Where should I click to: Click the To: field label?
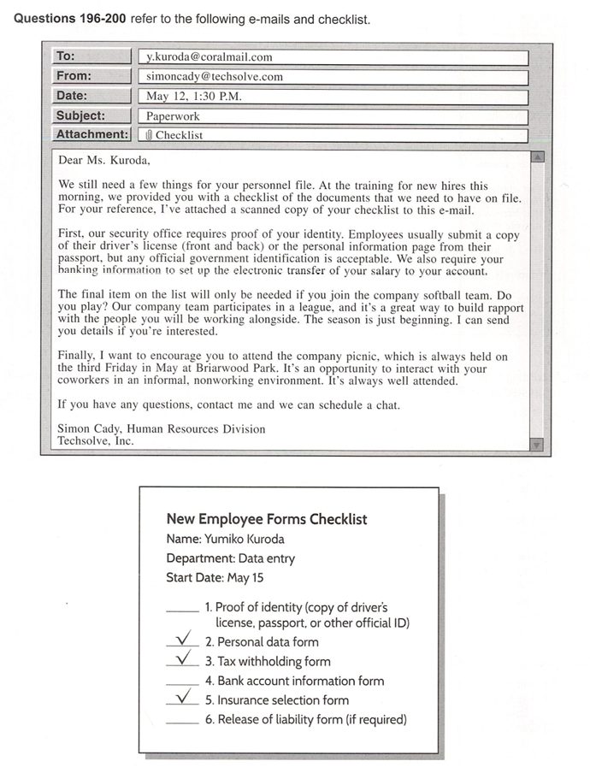point(66,56)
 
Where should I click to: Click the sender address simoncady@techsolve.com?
point(215,76)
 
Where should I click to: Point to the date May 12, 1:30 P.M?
point(194,96)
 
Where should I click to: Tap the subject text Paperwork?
point(172,115)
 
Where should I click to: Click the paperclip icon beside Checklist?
point(149,134)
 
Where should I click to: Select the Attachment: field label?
point(91,134)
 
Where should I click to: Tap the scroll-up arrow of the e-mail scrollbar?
point(537,157)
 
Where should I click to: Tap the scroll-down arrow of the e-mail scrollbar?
point(537,444)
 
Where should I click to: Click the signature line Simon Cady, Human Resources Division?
point(162,428)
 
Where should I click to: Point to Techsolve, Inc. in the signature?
point(96,441)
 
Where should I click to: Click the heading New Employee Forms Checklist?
point(267,518)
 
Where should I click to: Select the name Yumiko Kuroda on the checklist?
point(244,539)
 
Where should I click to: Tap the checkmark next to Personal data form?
point(182,639)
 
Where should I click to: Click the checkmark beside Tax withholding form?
point(182,658)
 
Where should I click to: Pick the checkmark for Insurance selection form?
point(182,698)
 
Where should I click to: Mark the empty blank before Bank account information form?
point(182,684)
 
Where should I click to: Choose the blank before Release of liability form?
point(182,723)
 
